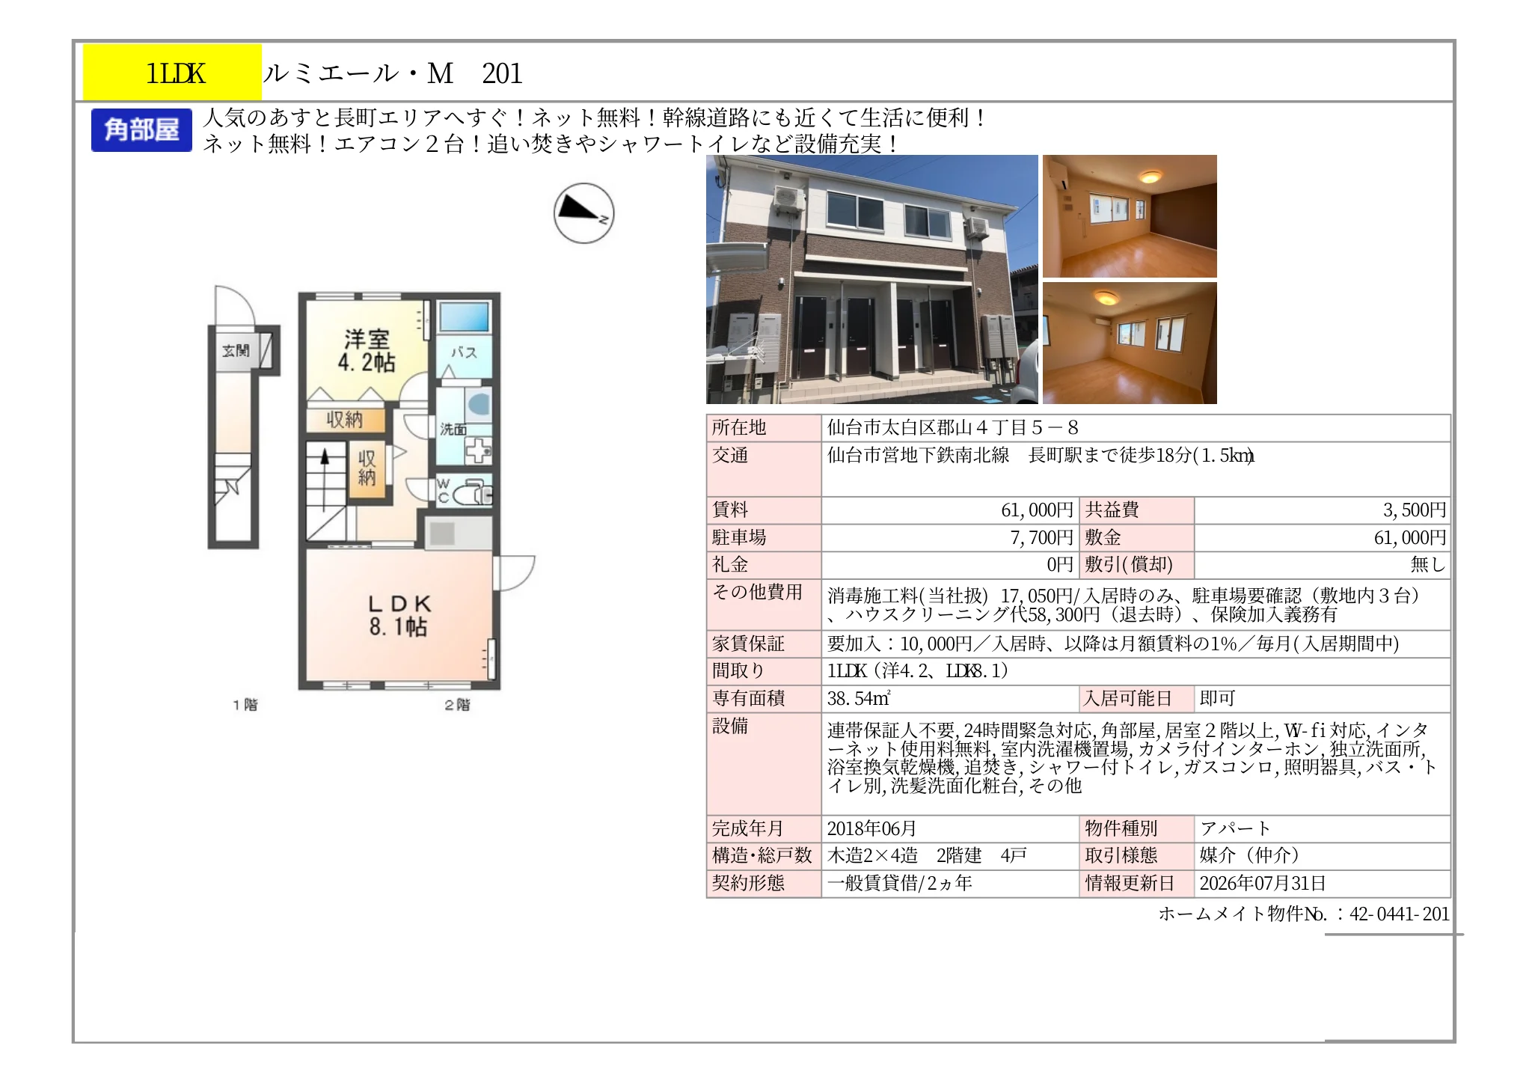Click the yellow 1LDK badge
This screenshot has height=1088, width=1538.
pyautogui.click(x=172, y=73)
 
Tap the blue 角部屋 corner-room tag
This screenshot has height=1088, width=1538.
pyautogui.click(x=141, y=130)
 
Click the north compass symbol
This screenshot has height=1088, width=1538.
pyautogui.click(x=583, y=213)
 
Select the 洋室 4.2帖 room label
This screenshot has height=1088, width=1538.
pyautogui.click(x=367, y=351)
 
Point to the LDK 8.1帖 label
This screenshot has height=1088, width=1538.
pyautogui.click(x=399, y=615)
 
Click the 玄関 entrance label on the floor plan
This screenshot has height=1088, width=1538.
pyautogui.click(x=236, y=350)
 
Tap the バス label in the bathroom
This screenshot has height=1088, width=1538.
pyautogui.click(x=464, y=352)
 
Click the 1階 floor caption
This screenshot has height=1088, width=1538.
pyautogui.click(x=245, y=705)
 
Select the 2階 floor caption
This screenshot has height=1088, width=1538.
pyautogui.click(x=457, y=705)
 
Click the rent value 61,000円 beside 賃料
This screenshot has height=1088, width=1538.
pyautogui.click(x=1037, y=510)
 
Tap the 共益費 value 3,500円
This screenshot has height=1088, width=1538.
pyautogui.click(x=1414, y=510)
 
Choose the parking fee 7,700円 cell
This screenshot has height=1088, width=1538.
pyautogui.click(x=1041, y=538)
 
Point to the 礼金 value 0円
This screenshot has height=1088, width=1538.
pyautogui.click(x=1060, y=565)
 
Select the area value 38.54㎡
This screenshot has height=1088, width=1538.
pyautogui.click(x=858, y=699)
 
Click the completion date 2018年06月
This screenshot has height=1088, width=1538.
pyautogui.click(x=871, y=829)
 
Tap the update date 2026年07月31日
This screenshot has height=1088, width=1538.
pyautogui.click(x=1263, y=884)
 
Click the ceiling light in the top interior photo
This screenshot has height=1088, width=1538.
pyautogui.click(x=1150, y=177)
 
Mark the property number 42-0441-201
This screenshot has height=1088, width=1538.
pyautogui.click(x=1399, y=914)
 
